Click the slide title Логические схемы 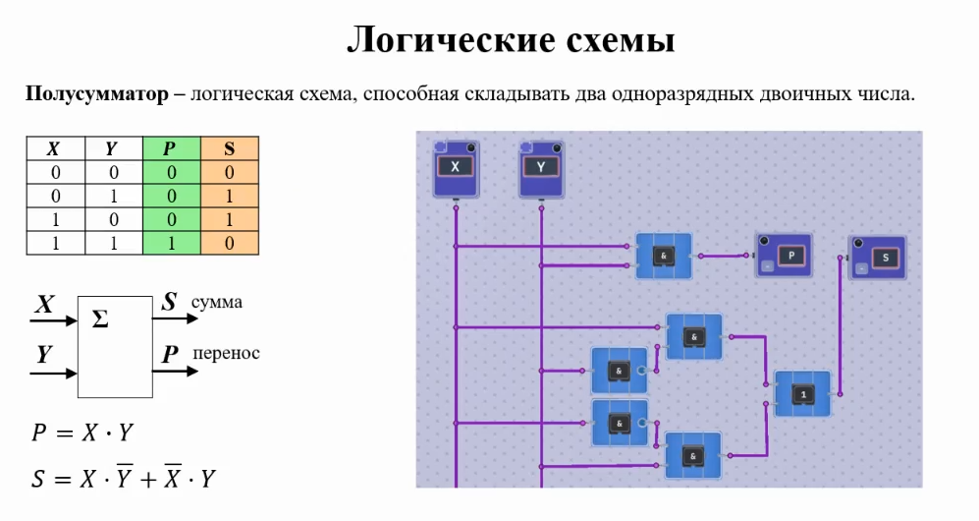(x=510, y=40)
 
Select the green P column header (x=170, y=148)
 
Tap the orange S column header (x=230, y=148)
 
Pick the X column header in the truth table (x=53, y=148)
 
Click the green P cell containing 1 (x=170, y=243)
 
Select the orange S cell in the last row (x=230, y=243)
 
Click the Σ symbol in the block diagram (x=99, y=319)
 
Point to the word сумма (x=217, y=302)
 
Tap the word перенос (x=227, y=353)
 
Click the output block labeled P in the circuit (x=784, y=256)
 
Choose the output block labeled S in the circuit (x=878, y=258)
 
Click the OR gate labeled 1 (x=802, y=393)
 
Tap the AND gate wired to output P (x=664, y=256)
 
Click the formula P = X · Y (x=82, y=433)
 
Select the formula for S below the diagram (x=123, y=479)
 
